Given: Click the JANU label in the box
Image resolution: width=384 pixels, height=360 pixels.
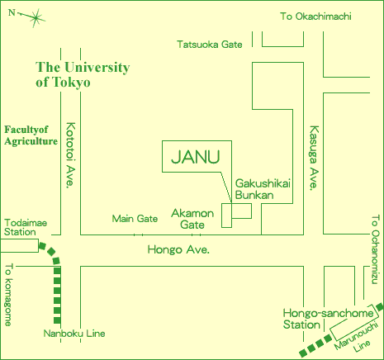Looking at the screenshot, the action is click(196, 157).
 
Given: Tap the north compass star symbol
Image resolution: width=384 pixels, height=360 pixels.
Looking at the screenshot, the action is click(36, 18).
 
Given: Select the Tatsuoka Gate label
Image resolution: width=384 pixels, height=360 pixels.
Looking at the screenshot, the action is click(210, 45).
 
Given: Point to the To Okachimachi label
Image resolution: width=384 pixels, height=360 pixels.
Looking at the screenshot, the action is click(315, 17).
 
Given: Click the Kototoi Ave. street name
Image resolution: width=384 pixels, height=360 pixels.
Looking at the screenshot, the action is click(70, 155).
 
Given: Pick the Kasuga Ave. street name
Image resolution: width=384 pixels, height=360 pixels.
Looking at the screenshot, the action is click(314, 158).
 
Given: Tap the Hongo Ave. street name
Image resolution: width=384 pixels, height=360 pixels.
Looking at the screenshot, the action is click(178, 249).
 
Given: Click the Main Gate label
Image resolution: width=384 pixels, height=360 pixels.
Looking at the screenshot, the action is click(135, 219).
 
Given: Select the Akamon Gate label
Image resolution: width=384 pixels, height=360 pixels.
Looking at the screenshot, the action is click(192, 219).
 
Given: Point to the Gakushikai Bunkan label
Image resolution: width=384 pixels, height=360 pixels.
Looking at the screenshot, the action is click(263, 189).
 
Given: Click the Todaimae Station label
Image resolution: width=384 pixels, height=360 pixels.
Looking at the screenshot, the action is click(26, 227).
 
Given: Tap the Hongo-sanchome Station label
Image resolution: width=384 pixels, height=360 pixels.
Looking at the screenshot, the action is click(328, 319).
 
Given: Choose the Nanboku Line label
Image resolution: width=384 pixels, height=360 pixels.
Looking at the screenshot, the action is click(74, 334).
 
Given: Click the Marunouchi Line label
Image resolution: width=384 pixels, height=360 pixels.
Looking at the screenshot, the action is click(357, 338).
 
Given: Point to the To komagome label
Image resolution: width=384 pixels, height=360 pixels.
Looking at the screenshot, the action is click(9, 295).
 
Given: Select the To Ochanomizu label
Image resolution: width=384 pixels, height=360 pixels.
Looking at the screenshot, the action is click(375, 249).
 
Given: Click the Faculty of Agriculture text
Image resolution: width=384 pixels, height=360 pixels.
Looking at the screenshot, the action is click(31, 135).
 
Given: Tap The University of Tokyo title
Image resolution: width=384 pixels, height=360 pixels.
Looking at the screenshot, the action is click(83, 74).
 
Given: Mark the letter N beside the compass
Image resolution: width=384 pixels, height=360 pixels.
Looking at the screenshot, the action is click(12, 12).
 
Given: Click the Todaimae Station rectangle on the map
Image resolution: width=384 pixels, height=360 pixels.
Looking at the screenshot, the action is click(19, 245).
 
